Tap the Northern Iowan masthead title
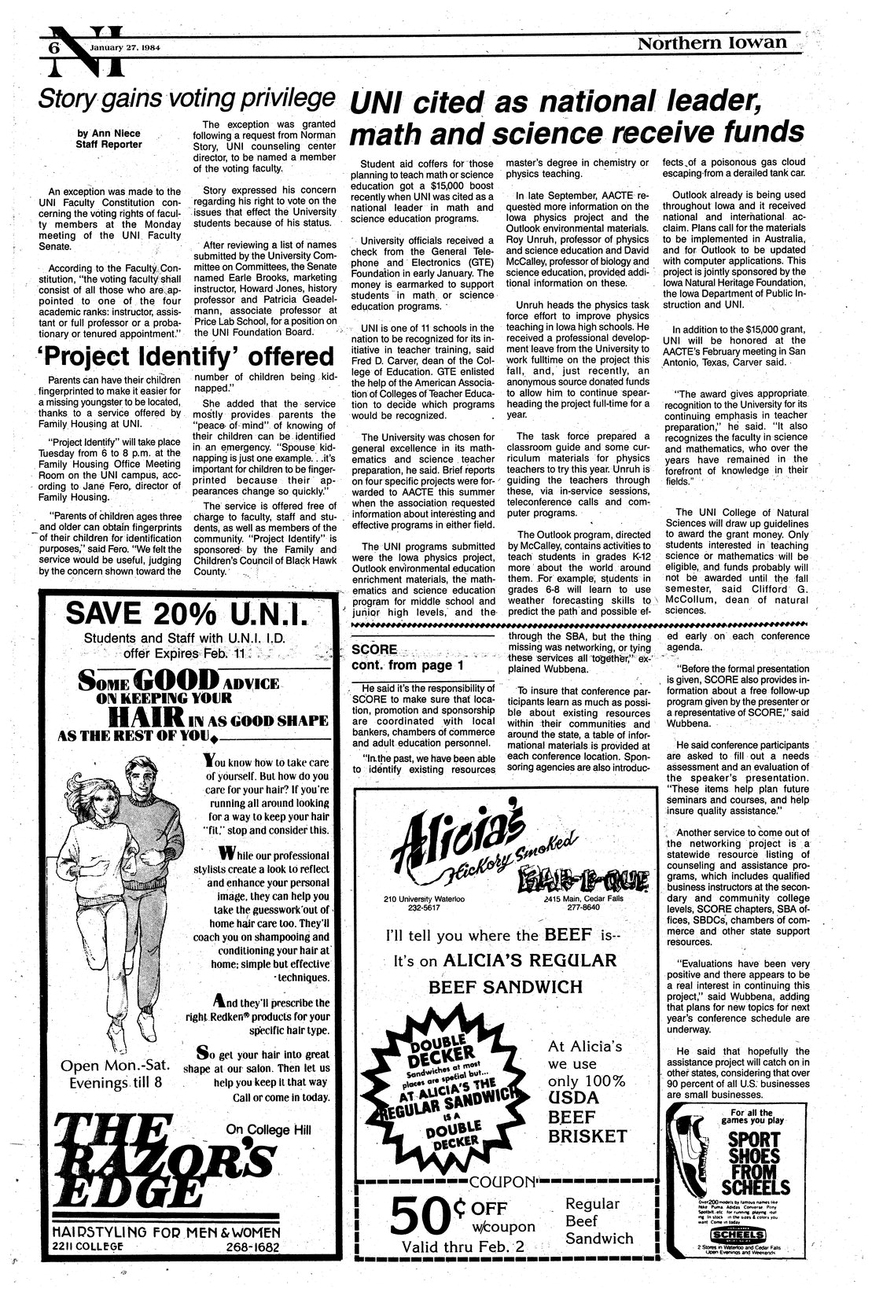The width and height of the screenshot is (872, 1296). click(x=712, y=43)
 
